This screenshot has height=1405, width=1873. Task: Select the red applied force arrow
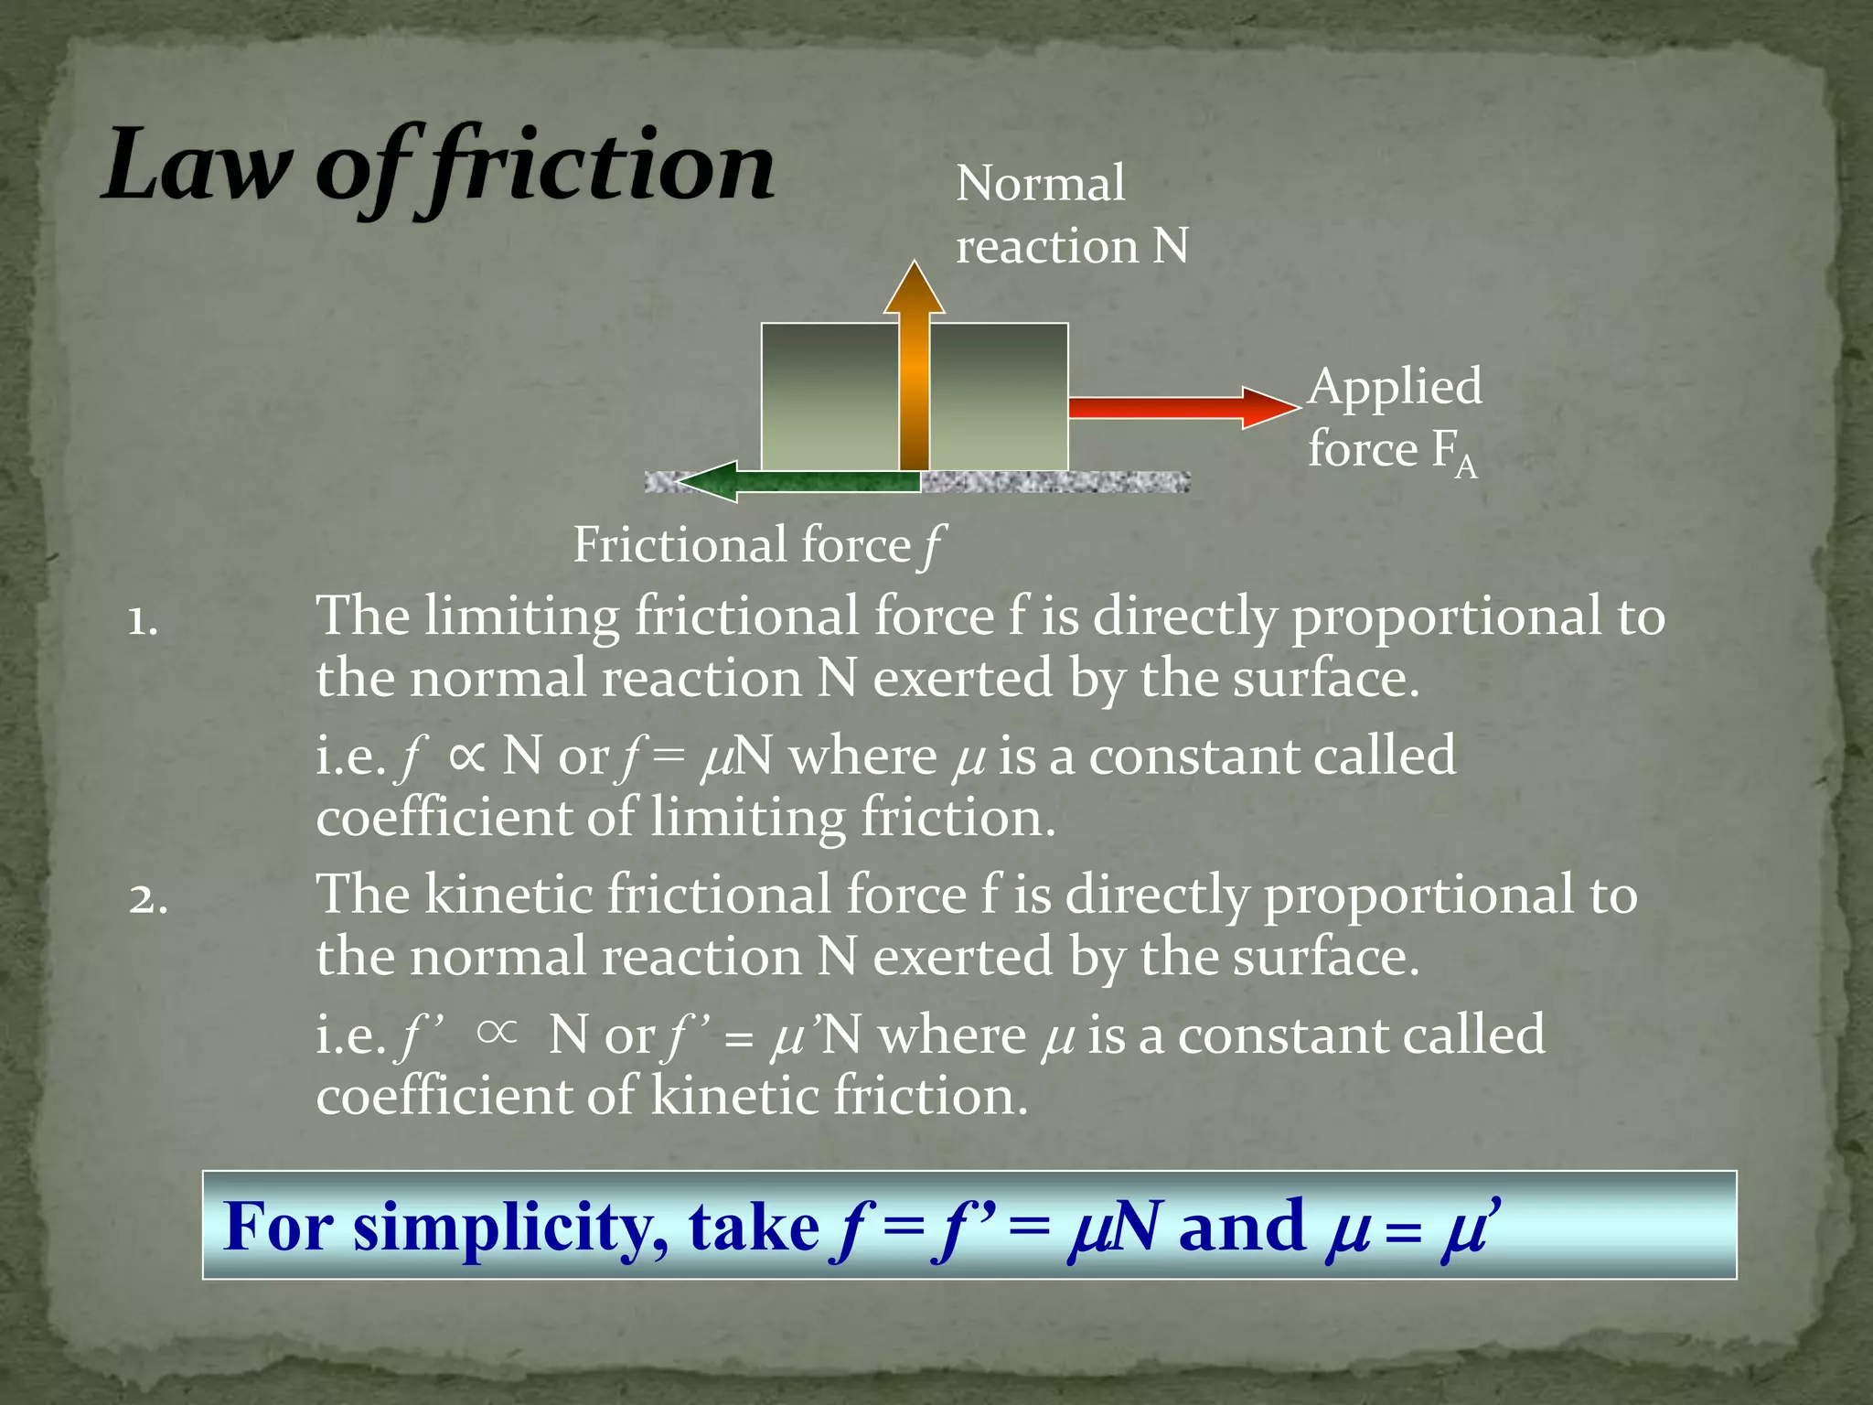[x=1180, y=407]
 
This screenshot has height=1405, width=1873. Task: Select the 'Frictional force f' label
[x=758, y=546]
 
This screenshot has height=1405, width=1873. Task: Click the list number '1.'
[x=143, y=622]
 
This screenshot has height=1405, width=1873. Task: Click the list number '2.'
[x=147, y=900]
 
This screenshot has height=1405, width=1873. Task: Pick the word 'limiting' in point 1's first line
[x=521, y=617]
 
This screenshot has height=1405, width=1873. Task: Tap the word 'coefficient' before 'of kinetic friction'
[x=443, y=1096]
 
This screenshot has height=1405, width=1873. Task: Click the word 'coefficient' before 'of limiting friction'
[x=443, y=818]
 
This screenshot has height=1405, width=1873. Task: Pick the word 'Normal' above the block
[x=1040, y=184]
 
